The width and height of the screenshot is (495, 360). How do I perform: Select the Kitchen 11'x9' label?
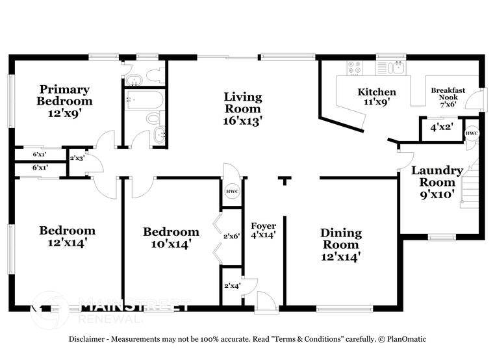pos(377,97)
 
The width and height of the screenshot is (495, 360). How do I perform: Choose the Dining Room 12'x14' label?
pos(340,244)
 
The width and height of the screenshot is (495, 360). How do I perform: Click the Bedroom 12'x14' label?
pos(67,237)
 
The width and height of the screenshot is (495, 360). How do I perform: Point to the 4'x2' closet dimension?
pos(441,129)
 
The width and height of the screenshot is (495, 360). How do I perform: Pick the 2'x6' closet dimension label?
pos(232,236)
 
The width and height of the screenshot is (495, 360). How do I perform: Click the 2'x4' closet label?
pos(232,285)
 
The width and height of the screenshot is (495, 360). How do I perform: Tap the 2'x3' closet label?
pos(77,158)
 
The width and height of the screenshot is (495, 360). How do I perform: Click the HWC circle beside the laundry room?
pos(472,133)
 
